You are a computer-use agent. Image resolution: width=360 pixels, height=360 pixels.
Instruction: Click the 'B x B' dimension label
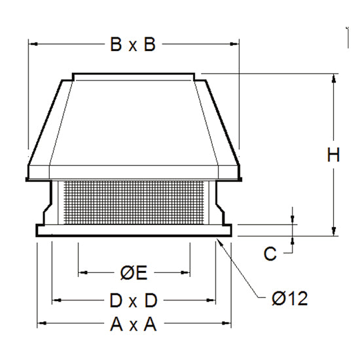coord(133,45)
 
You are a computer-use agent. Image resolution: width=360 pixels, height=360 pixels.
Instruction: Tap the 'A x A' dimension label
coord(134,325)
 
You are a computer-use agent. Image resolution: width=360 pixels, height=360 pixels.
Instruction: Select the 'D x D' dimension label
coord(134,300)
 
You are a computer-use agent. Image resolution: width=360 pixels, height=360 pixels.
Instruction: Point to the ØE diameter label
coord(134,273)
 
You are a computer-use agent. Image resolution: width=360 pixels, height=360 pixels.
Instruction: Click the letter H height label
coord(333,154)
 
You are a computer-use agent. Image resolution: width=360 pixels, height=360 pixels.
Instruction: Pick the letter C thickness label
coord(270,254)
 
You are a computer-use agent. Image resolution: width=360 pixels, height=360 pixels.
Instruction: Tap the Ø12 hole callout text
coord(289,298)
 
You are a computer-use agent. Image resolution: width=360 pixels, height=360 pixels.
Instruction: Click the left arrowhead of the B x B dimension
coord(35,44)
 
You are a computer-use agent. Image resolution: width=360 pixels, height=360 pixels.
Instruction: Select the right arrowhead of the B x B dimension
coord(234,44)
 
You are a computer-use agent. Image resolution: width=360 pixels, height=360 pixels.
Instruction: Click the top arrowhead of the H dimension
coord(334,79)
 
